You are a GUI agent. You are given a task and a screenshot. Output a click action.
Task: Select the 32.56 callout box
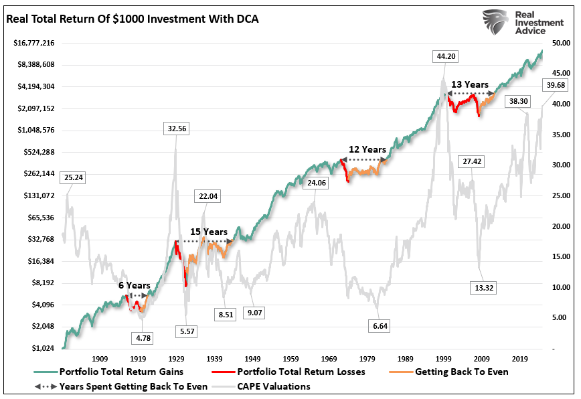click(177, 127)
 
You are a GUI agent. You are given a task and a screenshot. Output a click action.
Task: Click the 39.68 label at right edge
click(556, 85)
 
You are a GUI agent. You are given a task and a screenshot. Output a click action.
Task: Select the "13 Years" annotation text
click(469, 85)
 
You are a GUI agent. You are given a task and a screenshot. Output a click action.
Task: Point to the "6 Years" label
click(135, 285)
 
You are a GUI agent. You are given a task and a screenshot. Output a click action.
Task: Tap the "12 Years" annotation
click(368, 149)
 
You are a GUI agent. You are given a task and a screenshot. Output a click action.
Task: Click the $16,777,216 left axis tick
click(34, 43)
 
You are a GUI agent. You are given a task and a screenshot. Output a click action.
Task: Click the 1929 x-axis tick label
click(177, 359)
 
